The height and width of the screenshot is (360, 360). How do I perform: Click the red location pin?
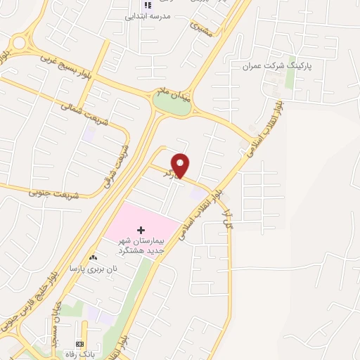(181, 165)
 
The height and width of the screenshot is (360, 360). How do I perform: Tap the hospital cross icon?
(141, 230)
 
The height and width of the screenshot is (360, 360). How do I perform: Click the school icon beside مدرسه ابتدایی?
(148, 6)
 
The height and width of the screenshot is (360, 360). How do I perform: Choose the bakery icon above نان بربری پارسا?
(94, 259)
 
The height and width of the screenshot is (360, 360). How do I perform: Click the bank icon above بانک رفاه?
(79, 344)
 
